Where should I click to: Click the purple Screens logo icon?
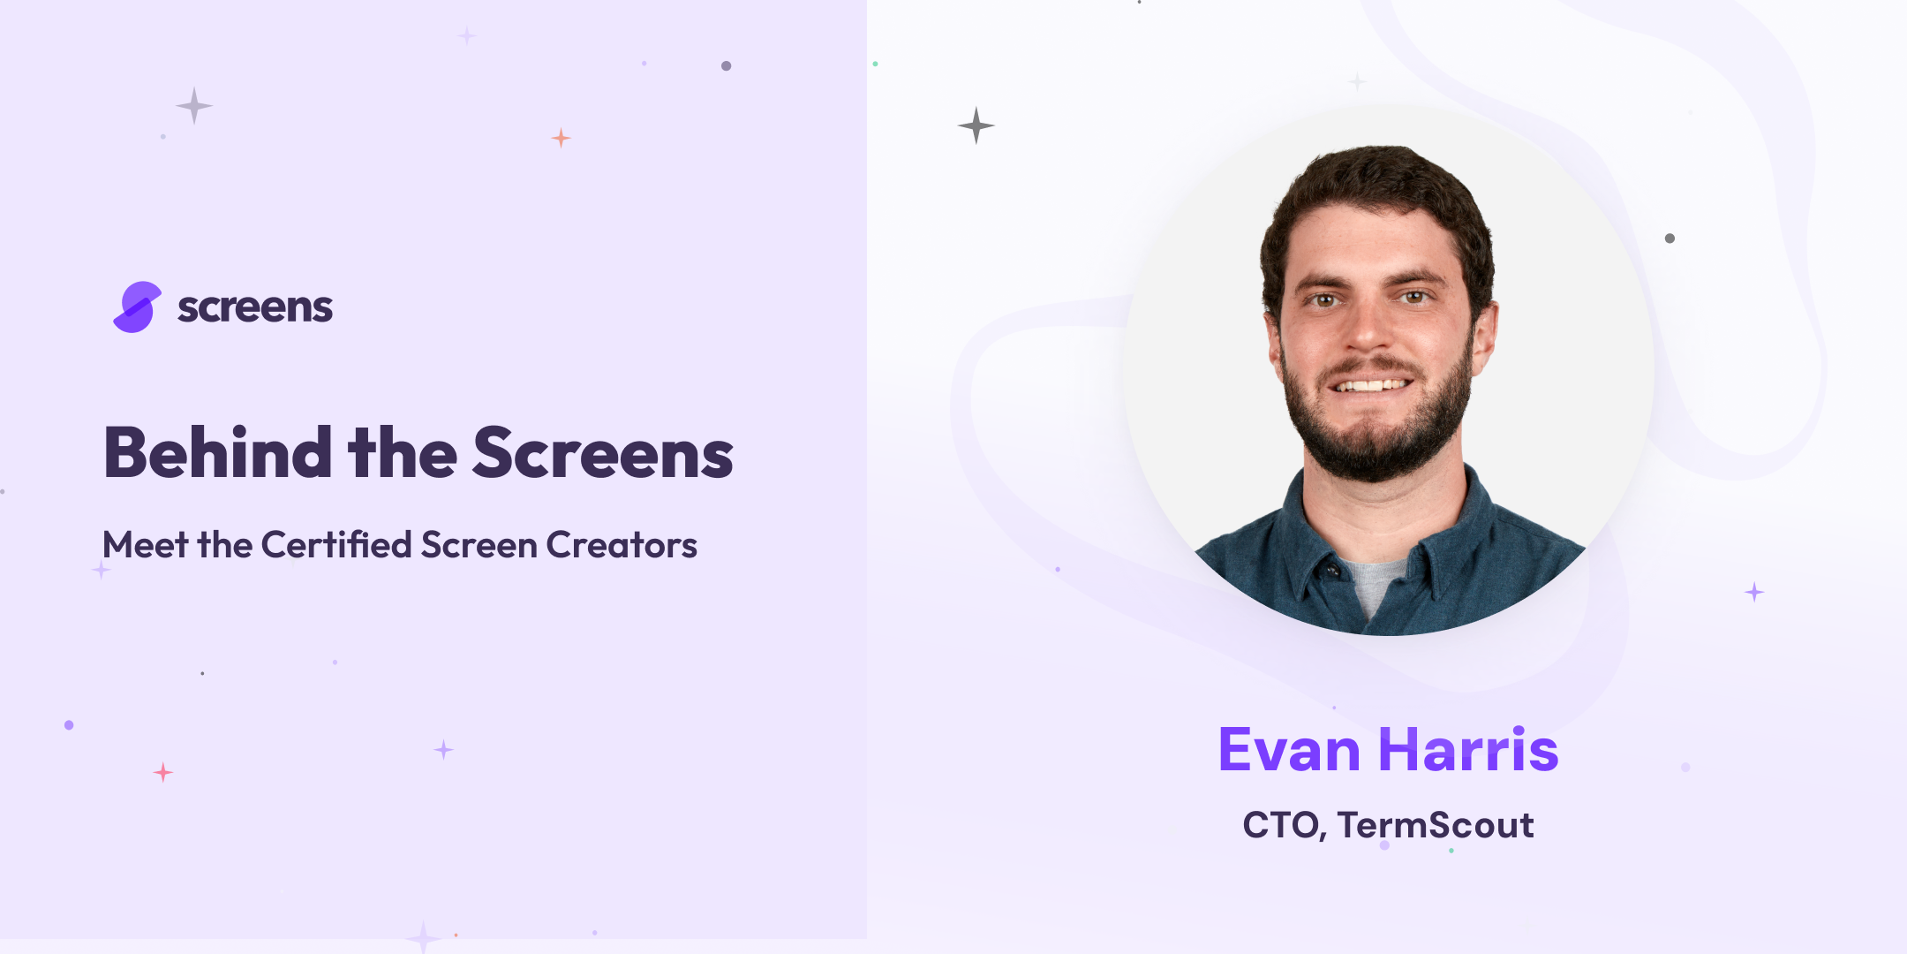(137, 307)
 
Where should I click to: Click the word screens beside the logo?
(255, 307)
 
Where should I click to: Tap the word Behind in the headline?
(217, 453)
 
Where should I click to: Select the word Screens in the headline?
(603, 453)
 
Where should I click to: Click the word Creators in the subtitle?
(622, 545)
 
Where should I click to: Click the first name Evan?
(1289, 750)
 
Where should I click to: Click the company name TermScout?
(1436, 825)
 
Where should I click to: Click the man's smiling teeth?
(1371, 385)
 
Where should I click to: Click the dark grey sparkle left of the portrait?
(976, 125)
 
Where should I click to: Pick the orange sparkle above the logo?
(561, 138)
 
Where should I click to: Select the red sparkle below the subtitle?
(163, 773)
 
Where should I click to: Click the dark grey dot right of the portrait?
(1670, 238)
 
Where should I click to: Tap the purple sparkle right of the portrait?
(1754, 592)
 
